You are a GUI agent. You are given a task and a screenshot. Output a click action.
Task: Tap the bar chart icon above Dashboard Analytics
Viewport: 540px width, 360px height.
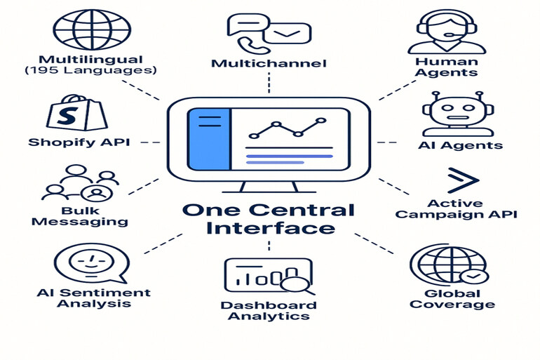point(267,276)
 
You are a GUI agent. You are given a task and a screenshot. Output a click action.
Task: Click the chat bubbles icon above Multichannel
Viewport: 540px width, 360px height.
point(268,32)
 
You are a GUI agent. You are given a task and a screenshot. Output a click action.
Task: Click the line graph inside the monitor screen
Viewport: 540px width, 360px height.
point(288,128)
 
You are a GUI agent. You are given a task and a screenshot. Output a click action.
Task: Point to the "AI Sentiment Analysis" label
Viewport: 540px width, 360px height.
point(93,298)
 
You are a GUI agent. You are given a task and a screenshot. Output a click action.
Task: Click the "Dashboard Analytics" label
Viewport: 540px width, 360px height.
point(268,310)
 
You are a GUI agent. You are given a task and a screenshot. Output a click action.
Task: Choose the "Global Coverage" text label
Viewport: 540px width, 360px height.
point(452,299)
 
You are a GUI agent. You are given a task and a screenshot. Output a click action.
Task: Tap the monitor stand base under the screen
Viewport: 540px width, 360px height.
point(269,189)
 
